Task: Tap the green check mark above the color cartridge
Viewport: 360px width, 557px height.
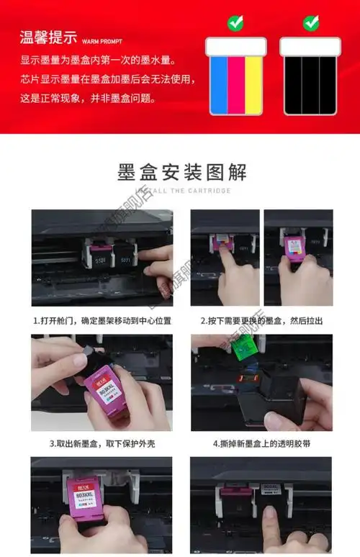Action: [235, 22]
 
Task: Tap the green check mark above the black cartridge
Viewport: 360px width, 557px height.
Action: [310, 22]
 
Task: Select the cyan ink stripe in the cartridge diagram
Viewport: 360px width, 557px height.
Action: [219, 84]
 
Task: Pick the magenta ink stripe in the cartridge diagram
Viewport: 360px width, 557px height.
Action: [236, 84]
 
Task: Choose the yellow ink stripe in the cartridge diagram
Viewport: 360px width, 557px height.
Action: [253, 84]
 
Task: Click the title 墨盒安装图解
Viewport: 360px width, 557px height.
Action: [181, 173]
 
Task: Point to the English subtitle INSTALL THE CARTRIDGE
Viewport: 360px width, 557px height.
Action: [181, 191]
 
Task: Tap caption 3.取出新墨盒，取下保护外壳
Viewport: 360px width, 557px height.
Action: [101, 444]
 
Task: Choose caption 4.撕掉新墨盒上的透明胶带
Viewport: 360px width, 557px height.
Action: [262, 444]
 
